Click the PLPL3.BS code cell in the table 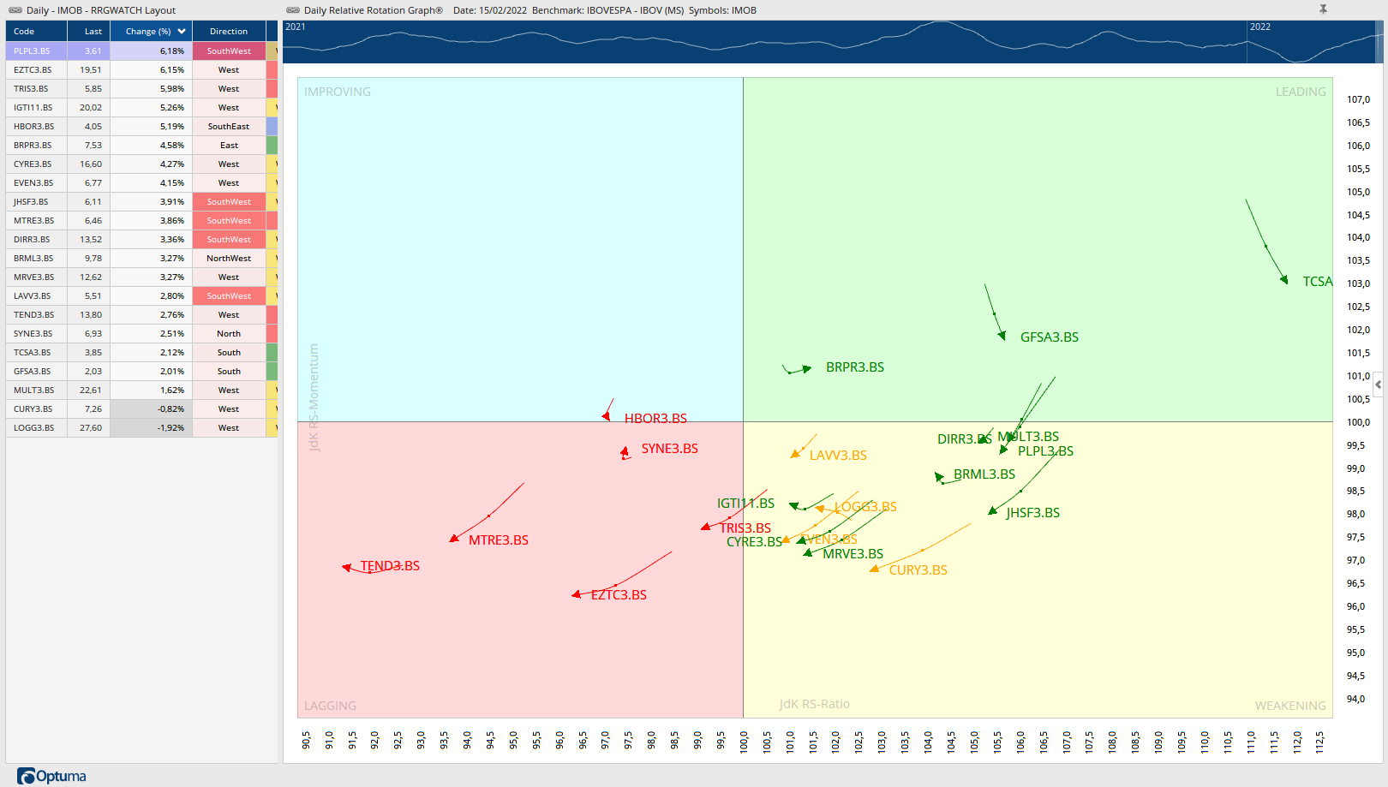click(x=32, y=51)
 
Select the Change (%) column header click(x=148, y=32)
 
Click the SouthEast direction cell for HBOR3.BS click(x=229, y=127)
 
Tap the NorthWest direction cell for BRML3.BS click(x=229, y=259)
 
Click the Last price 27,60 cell click(x=91, y=428)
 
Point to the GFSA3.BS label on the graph click(x=1049, y=337)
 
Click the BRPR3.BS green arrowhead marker click(x=806, y=369)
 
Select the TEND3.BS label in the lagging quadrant click(x=390, y=566)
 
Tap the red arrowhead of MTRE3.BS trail click(x=454, y=539)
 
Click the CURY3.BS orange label click(x=918, y=570)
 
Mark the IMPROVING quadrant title click(x=338, y=92)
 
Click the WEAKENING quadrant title click(x=1289, y=706)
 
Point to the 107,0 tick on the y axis click(x=1358, y=100)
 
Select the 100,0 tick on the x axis click(x=744, y=741)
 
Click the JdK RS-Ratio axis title click(x=814, y=704)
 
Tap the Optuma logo click(x=51, y=776)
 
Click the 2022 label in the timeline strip click(x=1259, y=27)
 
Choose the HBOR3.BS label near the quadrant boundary click(x=655, y=419)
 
